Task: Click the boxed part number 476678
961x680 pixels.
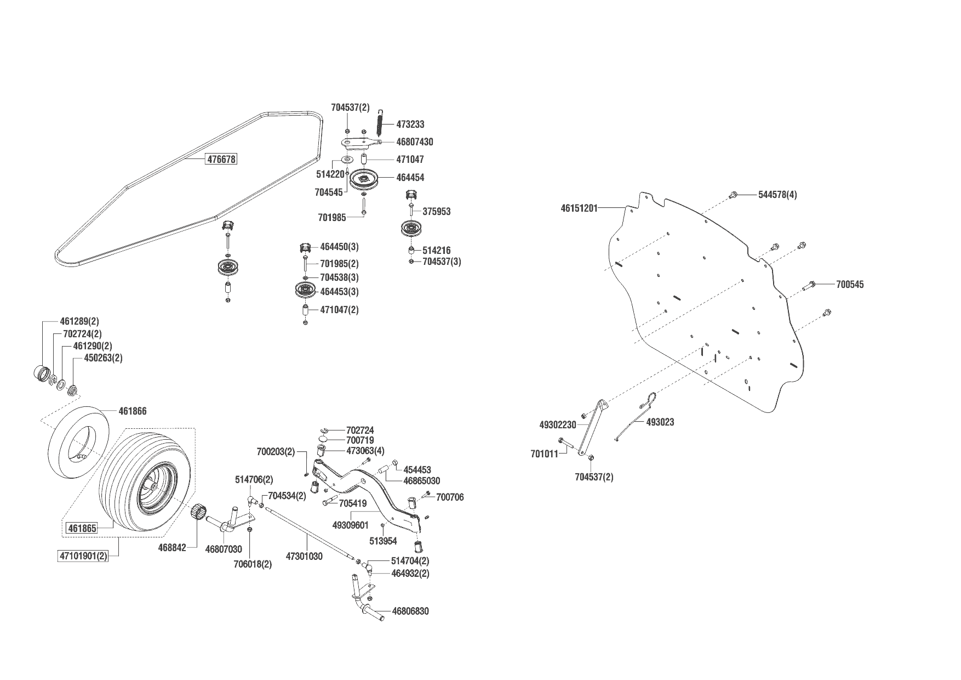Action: pyautogui.click(x=221, y=160)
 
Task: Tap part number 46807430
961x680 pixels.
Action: pyautogui.click(x=414, y=142)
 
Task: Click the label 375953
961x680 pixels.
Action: pyautogui.click(x=436, y=212)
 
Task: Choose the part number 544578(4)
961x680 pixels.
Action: pyautogui.click(x=777, y=195)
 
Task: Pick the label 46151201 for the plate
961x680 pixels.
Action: pyautogui.click(x=579, y=208)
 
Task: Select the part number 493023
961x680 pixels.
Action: pyautogui.click(x=660, y=422)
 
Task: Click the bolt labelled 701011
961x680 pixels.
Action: pyautogui.click(x=563, y=440)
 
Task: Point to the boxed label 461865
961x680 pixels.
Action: pyautogui.click(x=82, y=529)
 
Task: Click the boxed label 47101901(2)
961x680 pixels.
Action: pyautogui.click(x=83, y=556)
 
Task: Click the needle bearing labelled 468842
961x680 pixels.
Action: pyautogui.click(x=198, y=513)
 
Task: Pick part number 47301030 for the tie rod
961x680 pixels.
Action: pyautogui.click(x=304, y=557)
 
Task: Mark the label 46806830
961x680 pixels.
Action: pyautogui.click(x=410, y=611)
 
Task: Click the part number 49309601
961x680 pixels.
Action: pyautogui.click(x=350, y=525)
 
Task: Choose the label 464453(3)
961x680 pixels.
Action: pyautogui.click(x=339, y=292)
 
